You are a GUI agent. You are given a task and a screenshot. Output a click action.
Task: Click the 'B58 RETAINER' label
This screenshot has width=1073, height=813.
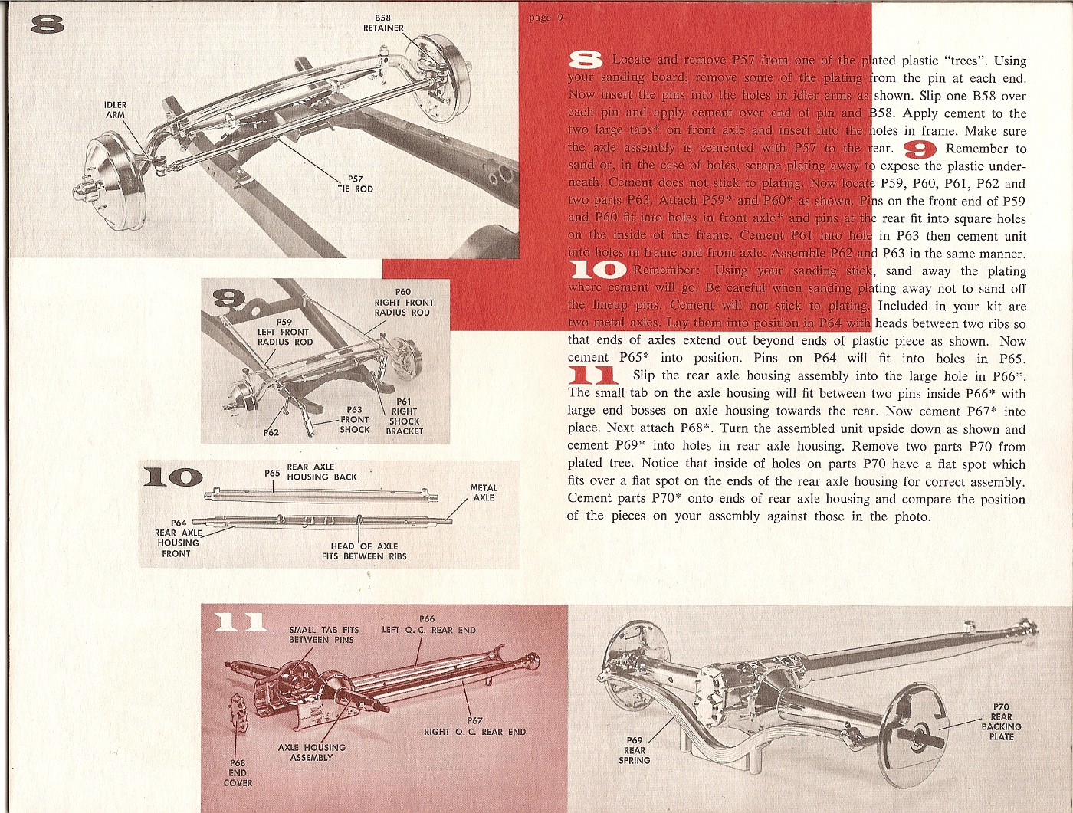pyautogui.click(x=383, y=23)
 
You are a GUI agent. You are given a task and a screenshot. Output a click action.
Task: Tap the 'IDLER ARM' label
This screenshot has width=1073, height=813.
pyautogui.click(x=115, y=110)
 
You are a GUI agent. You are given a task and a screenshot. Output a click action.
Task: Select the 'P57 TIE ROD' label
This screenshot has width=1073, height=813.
pyautogui.click(x=355, y=184)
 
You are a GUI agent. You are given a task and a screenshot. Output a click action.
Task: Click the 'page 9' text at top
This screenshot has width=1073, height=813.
pyautogui.click(x=546, y=18)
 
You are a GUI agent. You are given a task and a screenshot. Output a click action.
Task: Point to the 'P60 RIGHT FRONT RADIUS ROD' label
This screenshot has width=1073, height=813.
pyautogui.click(x=403, y=302)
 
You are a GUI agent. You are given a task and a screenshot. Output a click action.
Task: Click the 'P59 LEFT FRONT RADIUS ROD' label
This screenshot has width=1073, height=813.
pyautogui.click(x=284, y=332)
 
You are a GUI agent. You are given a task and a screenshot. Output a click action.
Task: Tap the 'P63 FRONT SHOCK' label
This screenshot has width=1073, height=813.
pyautogui.click(x=354, y=420)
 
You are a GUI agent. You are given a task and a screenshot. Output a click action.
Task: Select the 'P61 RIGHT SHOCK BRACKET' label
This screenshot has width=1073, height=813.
pyautogui.click(x=404, y=416)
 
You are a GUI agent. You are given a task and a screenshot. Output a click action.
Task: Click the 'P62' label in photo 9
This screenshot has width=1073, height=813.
pyautogui.click(x=271, y=432)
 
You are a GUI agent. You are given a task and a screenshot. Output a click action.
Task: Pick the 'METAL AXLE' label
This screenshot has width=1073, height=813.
pyautogui.click(x=483, y=493)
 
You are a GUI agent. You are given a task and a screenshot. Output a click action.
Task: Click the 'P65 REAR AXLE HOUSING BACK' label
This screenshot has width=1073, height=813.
pyautogui.click(x=312, y=472)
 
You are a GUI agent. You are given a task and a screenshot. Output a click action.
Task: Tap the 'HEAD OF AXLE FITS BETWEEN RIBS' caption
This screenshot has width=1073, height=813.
pyautogui.click(x=364, y=551)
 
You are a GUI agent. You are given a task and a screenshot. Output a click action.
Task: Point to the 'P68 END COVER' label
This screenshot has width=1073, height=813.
pyautogui.click(x=238, y=772)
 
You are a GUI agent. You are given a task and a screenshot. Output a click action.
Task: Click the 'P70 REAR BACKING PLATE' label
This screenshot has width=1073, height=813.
pyautogui.click(x=1001, y=722)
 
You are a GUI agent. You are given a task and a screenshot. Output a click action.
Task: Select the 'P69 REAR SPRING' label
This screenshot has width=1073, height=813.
pyautogui.click(x=635, y=750)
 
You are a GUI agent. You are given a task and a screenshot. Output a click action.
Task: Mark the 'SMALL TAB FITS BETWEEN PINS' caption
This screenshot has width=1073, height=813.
pyautogui.click(x=323, y=634)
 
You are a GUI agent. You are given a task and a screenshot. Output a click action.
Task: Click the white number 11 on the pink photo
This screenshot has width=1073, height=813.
pyautogui.click(x=239, y=622)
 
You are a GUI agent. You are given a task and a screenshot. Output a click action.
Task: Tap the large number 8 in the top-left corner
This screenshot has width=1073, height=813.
pyautogui.click(x=48, y=25)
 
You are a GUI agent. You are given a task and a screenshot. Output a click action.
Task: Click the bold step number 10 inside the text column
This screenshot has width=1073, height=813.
pyautogui.click(x=598, y=270)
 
